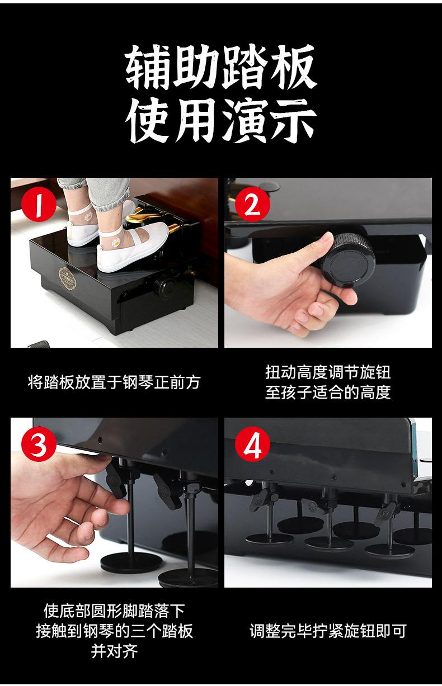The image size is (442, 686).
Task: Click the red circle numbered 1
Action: (39, 204)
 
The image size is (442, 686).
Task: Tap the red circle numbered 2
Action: (252, 204)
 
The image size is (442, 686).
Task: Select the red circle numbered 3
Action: (39, 444)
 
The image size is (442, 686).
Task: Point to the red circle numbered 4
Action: (252, 444)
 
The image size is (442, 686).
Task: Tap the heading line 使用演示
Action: (220, 120)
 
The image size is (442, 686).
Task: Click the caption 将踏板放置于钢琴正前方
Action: (114, 382)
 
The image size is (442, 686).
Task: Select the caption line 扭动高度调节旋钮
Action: (328, 372)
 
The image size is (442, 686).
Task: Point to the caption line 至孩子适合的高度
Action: (328, 392)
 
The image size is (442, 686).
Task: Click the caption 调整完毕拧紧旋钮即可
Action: (328, 631)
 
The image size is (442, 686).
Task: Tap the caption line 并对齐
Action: (114, 651)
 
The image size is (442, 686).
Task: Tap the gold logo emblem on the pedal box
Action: (68, 278)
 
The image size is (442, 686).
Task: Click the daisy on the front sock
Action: (116, 243)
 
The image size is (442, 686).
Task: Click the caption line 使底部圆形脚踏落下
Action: (114, 611)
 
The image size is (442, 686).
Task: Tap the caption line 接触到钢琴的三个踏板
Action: (114, 631)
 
